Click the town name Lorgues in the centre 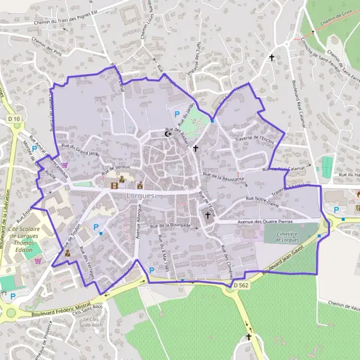click(140, 196)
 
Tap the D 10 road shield click(14, 119)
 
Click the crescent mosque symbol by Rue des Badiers click(167, 134)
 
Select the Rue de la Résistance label click(223, 177)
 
